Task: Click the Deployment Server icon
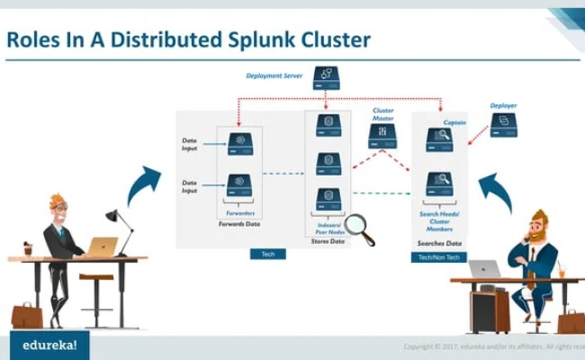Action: [x=326, y=77]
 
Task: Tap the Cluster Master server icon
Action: [x=382, y=136]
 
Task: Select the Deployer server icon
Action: [x=503, y=124]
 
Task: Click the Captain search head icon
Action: [x=439, y=139]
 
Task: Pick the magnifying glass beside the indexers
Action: [x=359, y=229]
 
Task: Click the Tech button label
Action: [x=267, y=255]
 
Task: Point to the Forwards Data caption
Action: [x=239, y=223]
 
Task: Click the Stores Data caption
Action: [x=328, y=241]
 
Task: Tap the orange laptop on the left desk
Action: [x=101, y=247]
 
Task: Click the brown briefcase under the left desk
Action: [x=26, y=315]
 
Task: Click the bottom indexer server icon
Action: [x=328, y=198]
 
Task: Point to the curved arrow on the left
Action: [x=141, y=184]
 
